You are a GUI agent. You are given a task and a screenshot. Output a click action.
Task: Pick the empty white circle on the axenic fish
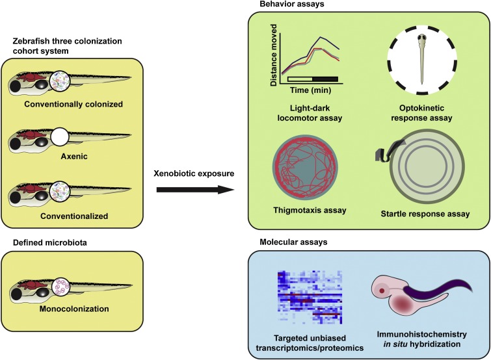coord(60,137)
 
